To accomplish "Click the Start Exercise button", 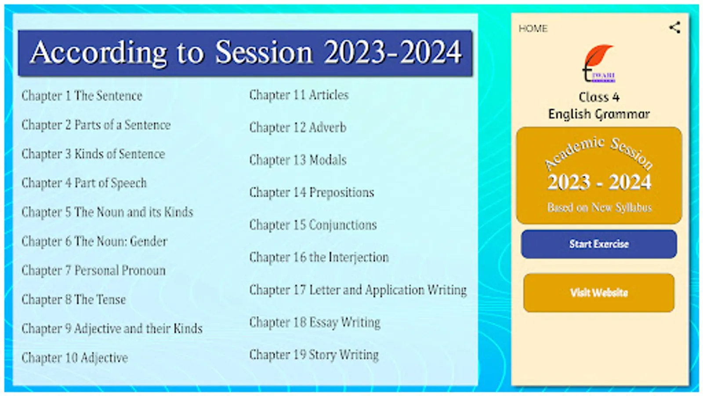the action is point(599,244).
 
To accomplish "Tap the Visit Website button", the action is point(599,293).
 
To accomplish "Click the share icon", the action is point(674,28).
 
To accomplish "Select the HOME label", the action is point(533,29).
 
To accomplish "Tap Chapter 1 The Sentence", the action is point(82,96).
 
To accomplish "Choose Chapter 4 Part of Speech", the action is point(84,183).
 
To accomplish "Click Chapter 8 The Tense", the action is point(74,300).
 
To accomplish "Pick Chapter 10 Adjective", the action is point(75,358).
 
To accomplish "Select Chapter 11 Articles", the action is point(299,95).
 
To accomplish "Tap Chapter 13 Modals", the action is point(298,160).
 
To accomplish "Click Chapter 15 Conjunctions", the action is point(313,225).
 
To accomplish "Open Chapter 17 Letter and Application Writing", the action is point(358,290).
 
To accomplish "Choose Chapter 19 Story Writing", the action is point(314,355).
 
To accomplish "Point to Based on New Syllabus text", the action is point(599,208).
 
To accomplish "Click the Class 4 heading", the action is point(599,97).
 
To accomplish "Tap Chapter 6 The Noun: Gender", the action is point(94,242).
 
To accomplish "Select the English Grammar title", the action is point(599,114).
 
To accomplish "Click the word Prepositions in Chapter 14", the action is point(342,193).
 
